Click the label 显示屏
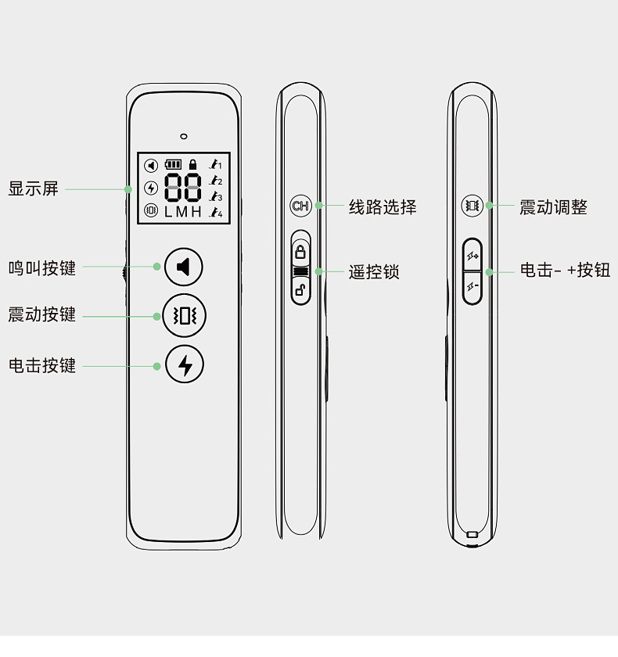(34, 188)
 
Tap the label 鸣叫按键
(42, 267)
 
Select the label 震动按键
(42, 314)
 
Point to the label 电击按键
(42, 365)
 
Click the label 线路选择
(383, 207)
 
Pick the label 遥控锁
(374, 272)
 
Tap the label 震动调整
(553, 207)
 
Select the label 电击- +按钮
(565, 271)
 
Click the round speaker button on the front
(184, 267)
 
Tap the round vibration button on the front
(184, 315)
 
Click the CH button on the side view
(300, 206)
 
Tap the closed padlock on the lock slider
(300, 252)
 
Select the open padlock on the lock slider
(300, 292)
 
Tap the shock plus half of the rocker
(472, 256)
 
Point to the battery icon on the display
(172, 165)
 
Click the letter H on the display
(196, 212)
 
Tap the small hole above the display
(184, 136)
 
